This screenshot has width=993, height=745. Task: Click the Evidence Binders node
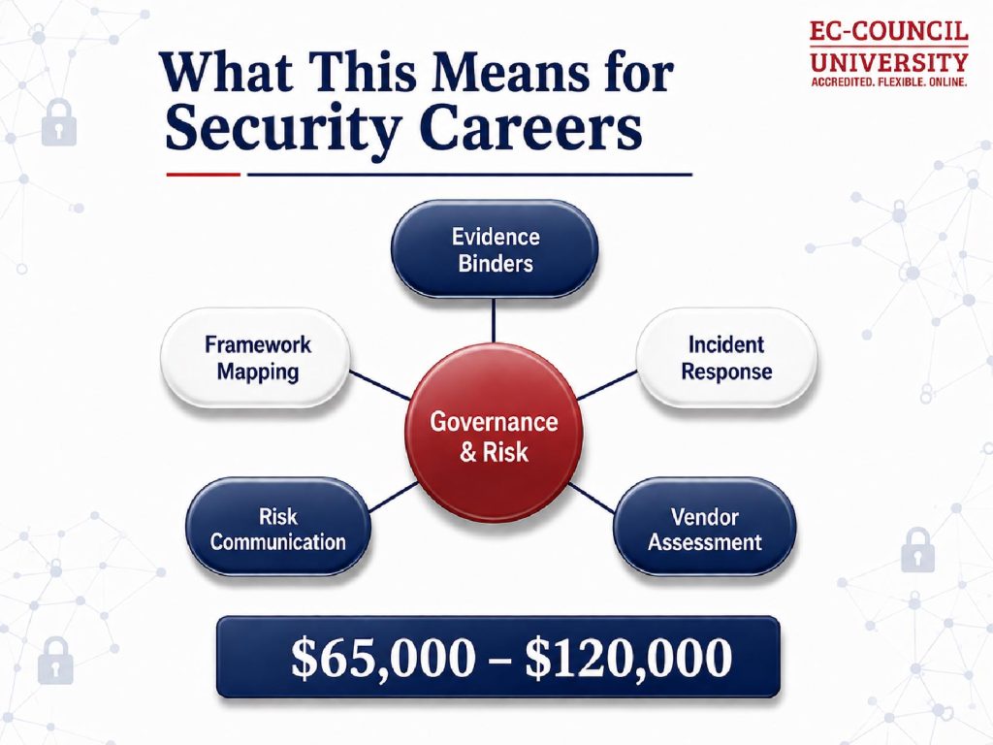[495, 249]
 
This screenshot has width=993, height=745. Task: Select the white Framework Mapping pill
[256, 357]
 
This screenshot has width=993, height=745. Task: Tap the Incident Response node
[726, 357]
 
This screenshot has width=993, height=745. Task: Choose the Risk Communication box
[277, 528]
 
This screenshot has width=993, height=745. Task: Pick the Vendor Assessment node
[704, 528]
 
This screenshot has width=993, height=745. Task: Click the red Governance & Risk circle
[494, 436]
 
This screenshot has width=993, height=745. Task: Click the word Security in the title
[283, 129]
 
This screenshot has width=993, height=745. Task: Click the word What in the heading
[227, 71]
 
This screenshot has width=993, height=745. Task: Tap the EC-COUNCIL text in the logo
[889, 31]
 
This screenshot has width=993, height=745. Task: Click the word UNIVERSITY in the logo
[889, 62]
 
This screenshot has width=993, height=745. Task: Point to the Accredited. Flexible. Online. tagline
[889, 82]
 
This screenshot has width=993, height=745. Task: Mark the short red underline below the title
[204, 175]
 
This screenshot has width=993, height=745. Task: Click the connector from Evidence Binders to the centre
[494, 322]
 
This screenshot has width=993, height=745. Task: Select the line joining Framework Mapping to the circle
[380, 385]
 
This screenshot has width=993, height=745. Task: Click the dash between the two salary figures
[500, 661]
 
